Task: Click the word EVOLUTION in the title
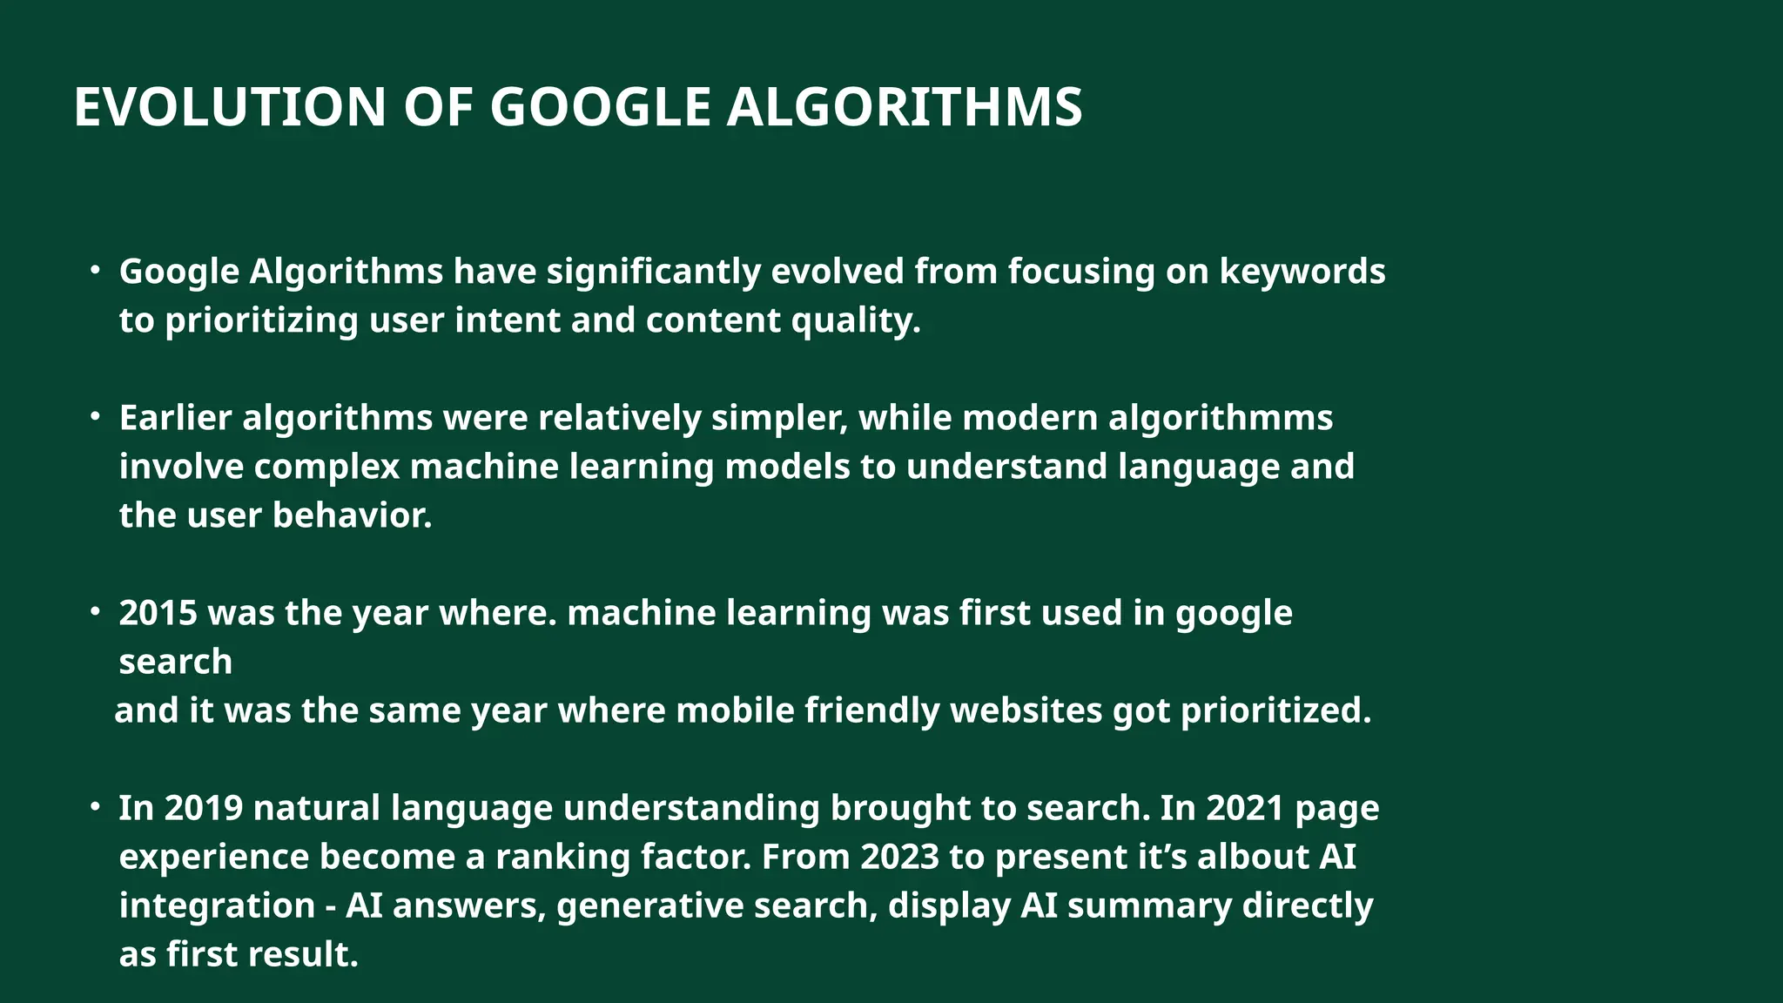coord(229,108)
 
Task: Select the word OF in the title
coord(438,108)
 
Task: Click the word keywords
coord(1302,272)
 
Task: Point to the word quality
coord(855,321)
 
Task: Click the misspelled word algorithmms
coord(1221,418)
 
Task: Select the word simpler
coord(779,418)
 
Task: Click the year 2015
coord(158,613)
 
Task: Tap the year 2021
coord(1245,808)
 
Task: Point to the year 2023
coord(899,857)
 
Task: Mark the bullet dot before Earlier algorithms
coord(95,416)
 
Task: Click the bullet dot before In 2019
coord(95,806)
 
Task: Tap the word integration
coord(217,905)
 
